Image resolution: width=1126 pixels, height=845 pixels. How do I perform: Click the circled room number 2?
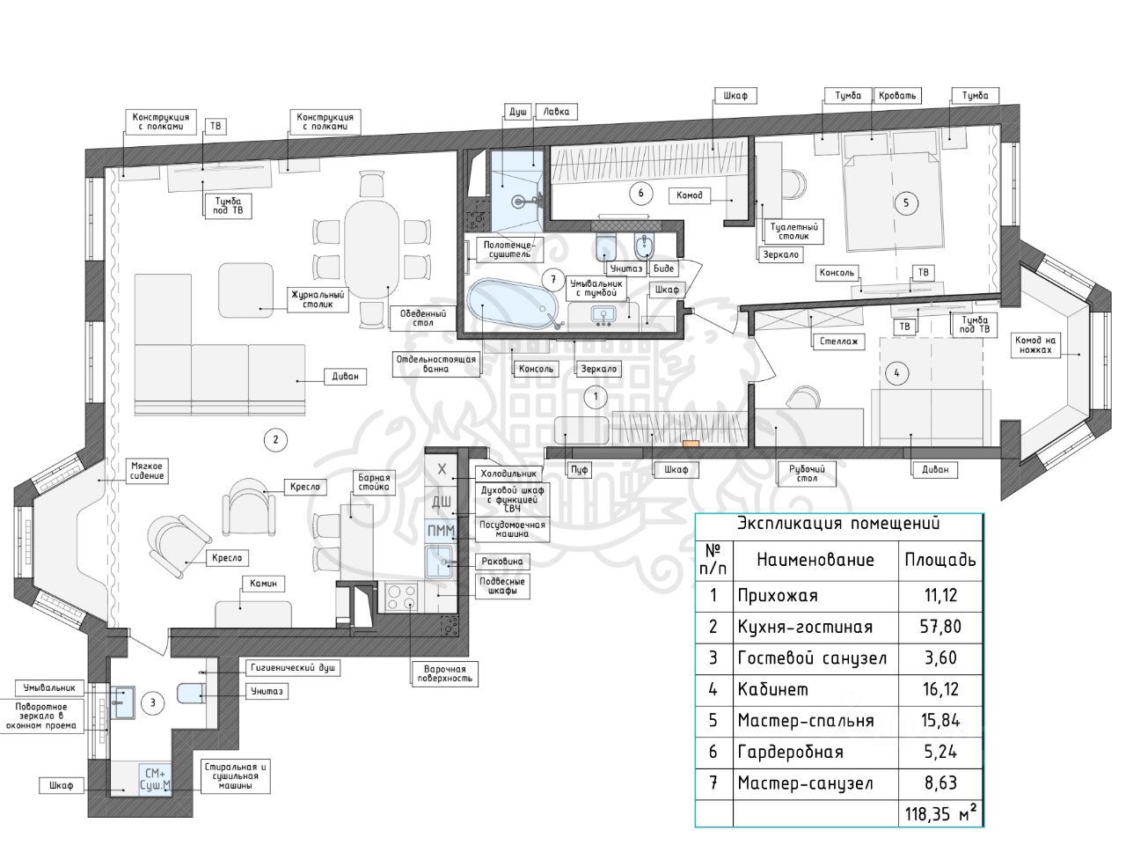pyautogui.click(x=275, y=440)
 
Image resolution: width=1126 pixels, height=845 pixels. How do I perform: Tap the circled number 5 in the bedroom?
pyautogui.click(x=905, y=203)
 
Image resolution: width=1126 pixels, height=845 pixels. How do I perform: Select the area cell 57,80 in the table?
pyautogui.click(x=940, y=627)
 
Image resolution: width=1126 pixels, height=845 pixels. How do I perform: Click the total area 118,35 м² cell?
pyautogui.click(x=940, y=813)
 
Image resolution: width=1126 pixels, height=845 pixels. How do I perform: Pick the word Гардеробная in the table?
pyautogui.click(x=791, y=752)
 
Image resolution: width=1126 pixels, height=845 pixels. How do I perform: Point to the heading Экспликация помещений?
pyautogui.click(x=838, y=524)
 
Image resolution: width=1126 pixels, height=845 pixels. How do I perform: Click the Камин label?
pyautogui.click(x=263, y=584)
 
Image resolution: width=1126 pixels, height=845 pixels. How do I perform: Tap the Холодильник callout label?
pyautogui.click(x=508, y=474)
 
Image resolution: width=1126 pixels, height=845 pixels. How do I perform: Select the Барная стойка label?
pyautogui.click(x=374, y=482)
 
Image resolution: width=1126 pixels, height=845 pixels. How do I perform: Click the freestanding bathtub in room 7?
pyautogui.click(x=512, y=303)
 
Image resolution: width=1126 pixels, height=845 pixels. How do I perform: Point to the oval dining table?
pyautogui.click(x=372, y=248)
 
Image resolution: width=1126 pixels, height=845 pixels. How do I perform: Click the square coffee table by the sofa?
pyautogui.click(x=245, y=290)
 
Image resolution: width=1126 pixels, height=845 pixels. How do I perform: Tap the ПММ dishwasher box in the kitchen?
pyautogui.click(x=441, y=531)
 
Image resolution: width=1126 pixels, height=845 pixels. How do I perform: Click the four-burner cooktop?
pyautogui.click(x=401, y=598)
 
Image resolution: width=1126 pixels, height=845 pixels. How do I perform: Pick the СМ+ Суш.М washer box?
pyautogui.click(x=156, y=780)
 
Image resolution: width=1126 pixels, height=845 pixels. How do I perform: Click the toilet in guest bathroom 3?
pyautogui.click(x=192, y=693)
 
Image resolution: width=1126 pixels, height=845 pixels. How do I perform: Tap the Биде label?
pyautogui.click(x=663, y=268)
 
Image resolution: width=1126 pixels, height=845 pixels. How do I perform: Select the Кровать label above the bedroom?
pyautogui.click(x=896, y=95)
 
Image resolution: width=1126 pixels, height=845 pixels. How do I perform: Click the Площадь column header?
pyautogui.click(x=940, y=559)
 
